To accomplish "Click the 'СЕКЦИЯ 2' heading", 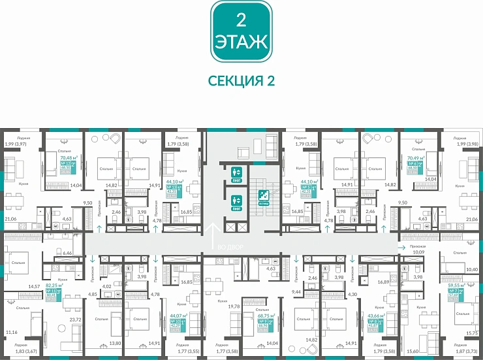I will (x=241, y=80).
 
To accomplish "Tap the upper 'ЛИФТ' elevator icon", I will (x=237, y=174).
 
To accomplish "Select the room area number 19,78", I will (x=234, y=305).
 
